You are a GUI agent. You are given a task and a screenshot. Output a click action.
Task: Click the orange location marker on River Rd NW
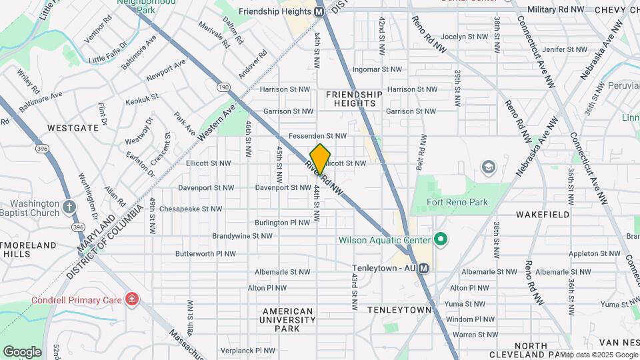(x=320, y=159)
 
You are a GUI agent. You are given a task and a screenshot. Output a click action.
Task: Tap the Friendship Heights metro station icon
(x=319, y=11)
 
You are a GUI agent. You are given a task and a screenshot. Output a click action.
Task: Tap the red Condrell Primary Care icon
(x=131, y=299)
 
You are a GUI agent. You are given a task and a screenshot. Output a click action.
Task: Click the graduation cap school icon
(x=489, y=167)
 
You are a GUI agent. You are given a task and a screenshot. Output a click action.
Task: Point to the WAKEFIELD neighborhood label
(x=543, y=215)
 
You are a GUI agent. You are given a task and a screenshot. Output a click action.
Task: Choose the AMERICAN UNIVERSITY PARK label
(x=288, y=320)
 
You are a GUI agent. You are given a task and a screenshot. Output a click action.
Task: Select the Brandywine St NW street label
(x=242, y=236)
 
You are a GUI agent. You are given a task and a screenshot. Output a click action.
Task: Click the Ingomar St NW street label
(x=377, y=69)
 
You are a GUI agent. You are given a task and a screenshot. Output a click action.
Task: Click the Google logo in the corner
(x=22, y=351)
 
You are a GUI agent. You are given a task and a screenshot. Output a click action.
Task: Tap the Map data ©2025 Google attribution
(x=599, y=355)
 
